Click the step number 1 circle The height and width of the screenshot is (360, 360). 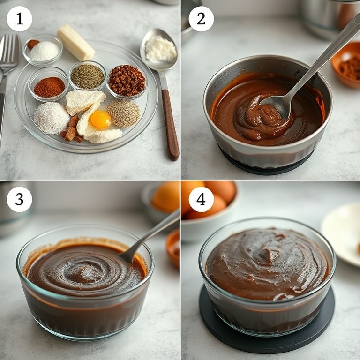pos(19,19)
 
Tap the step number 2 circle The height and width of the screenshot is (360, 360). pos(201,19)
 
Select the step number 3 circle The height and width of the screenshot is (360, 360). pos(19,199)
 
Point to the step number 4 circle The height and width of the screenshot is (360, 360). pos(201,199)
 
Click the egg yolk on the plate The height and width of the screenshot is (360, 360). pos(100,119)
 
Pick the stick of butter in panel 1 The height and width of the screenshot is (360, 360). pos(75,42)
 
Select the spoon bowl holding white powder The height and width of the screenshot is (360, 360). pos(159,49)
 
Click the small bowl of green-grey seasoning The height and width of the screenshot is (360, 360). pos(87,76)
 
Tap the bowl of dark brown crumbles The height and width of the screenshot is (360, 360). pos(127,81)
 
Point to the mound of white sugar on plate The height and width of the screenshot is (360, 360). pos(52,118)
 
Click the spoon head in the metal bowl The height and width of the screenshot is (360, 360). pos(277,106)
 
